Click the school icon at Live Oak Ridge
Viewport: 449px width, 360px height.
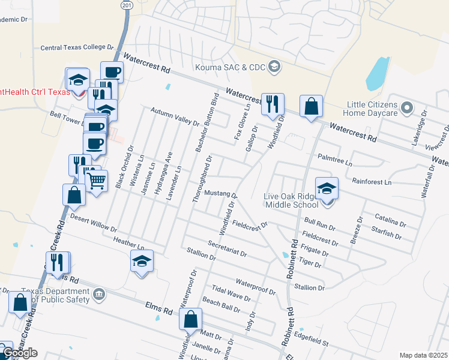tap(327, 189)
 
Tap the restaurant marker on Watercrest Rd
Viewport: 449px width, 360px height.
tap(273, 104)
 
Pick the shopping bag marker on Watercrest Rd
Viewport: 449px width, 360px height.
tap(311, 107)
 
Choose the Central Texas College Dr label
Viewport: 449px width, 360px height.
tap(76, 47)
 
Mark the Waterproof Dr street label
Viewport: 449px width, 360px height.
tap(255, 286)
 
